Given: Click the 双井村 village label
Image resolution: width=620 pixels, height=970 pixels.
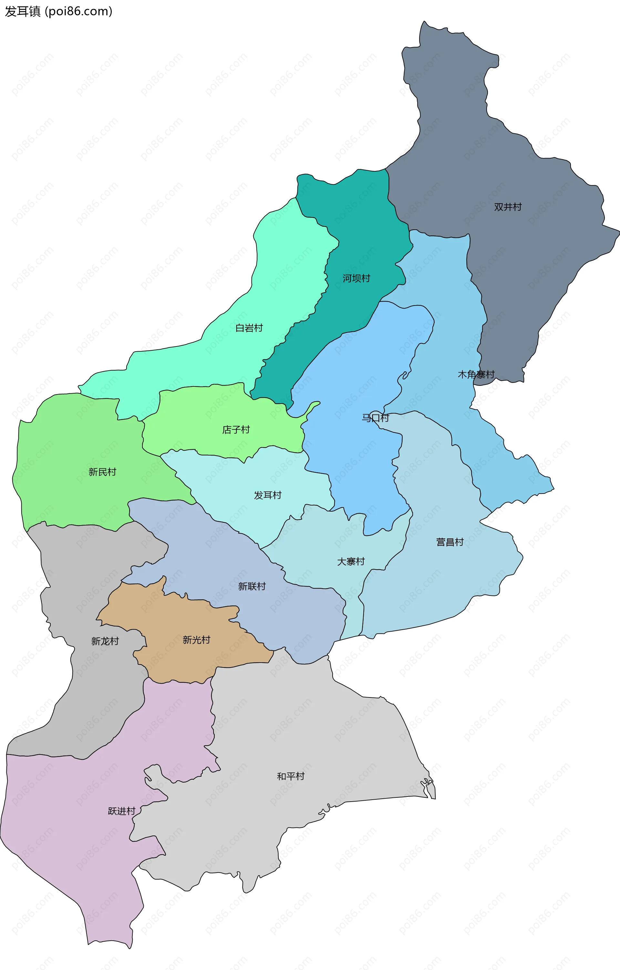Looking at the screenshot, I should click(508, 207).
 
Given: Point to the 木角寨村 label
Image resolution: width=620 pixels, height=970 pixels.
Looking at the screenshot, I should click(476, 375).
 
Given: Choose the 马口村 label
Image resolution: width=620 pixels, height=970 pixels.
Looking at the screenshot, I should click(375, 418).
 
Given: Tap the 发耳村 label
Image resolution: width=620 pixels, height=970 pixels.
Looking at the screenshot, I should click(267, 495).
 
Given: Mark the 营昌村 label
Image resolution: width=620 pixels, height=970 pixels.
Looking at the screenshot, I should click(449, 542).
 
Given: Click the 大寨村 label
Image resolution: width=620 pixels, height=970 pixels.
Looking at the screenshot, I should click(351, 562).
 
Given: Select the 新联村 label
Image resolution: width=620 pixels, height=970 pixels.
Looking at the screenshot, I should click(252, 586).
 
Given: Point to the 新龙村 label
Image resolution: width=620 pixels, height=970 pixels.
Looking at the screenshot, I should click(105, 641).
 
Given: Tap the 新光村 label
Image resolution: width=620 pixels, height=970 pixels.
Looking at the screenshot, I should click(196, 640).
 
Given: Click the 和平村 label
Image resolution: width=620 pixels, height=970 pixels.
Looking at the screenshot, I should click(290, 776).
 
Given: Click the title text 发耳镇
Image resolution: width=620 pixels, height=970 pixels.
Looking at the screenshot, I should click(23, 11).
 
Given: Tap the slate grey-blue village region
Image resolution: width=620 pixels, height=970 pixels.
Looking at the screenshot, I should click(524, 262).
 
